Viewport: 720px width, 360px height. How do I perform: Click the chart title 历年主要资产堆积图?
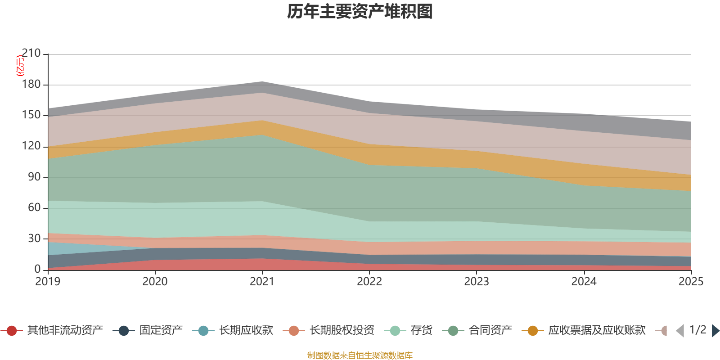tap(360, 12)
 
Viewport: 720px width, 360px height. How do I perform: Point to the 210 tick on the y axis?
tap(31, 54)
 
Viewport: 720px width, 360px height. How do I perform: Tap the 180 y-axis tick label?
tap(31, 85)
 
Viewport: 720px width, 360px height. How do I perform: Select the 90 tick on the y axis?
tap(34, 177)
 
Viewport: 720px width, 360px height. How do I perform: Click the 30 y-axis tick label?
tap(34, 238)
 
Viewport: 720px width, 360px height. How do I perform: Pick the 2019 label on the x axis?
tap(48, 282)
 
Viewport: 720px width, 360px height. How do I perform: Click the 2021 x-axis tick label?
tap(262, 282)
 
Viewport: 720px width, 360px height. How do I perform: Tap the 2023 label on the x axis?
tap(477, 282)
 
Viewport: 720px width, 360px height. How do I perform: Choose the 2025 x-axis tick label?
tap(691, 282)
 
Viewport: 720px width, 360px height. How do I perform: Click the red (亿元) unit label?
tap(20, 66)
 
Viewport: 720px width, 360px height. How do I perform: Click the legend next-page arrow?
tap(715, 331)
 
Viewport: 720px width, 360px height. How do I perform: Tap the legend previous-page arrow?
tap(680, 331)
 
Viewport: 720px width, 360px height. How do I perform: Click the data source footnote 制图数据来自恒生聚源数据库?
tap(360, 355)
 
